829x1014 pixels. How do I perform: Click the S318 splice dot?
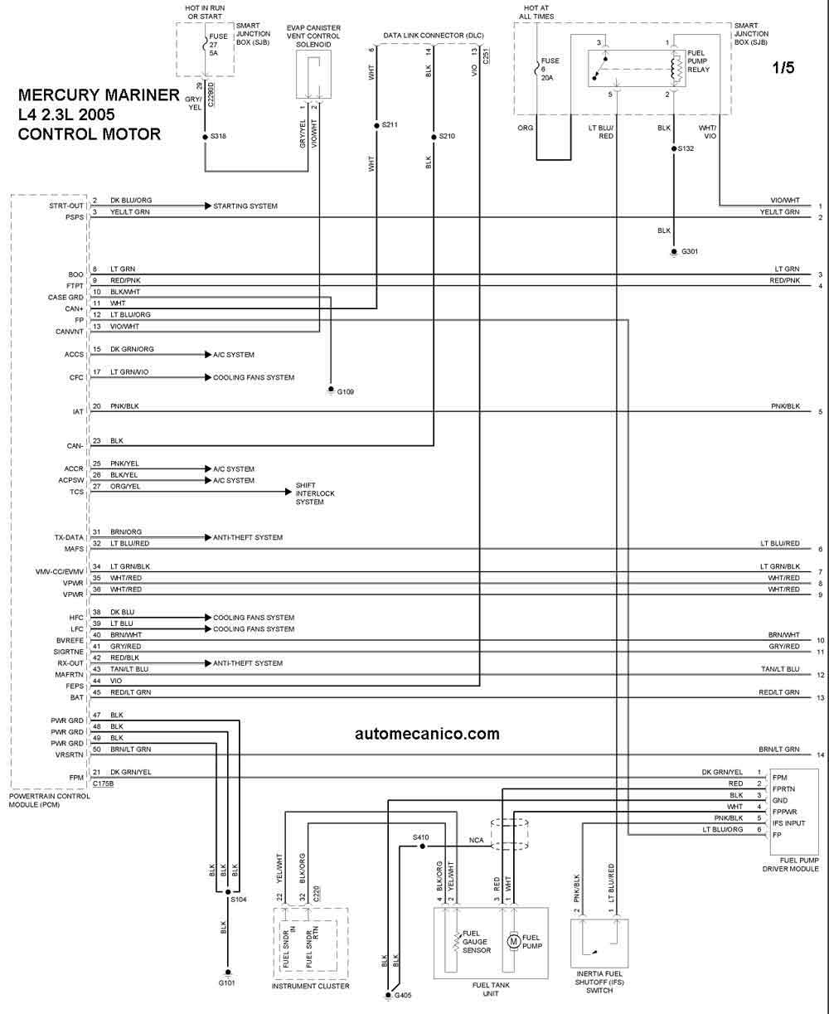(206, 137)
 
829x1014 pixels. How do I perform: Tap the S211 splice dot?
(376, 125)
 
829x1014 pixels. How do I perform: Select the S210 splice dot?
(434, 137)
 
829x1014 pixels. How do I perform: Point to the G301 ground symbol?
(674, 252)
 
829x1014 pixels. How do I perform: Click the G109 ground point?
(331, 390)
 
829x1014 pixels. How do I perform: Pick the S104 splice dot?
(228, 892)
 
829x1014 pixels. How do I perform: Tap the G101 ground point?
(228, 973)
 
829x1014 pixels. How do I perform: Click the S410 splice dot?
(423, 847)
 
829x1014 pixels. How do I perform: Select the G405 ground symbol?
(388, 995)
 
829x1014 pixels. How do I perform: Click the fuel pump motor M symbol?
(513, 941)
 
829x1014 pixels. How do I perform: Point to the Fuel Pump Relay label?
(698, 61)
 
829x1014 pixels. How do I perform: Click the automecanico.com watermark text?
(427, 734)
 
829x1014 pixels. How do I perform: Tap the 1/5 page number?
(783, 67)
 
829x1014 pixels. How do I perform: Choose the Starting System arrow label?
(245, 206)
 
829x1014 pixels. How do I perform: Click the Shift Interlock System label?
(315, 493)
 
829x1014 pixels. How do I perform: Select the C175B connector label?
(103, 784)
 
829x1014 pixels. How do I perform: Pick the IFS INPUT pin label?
(788, 823)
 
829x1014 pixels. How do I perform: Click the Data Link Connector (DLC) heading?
(434, 36)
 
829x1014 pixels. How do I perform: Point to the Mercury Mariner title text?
(99, 95)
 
